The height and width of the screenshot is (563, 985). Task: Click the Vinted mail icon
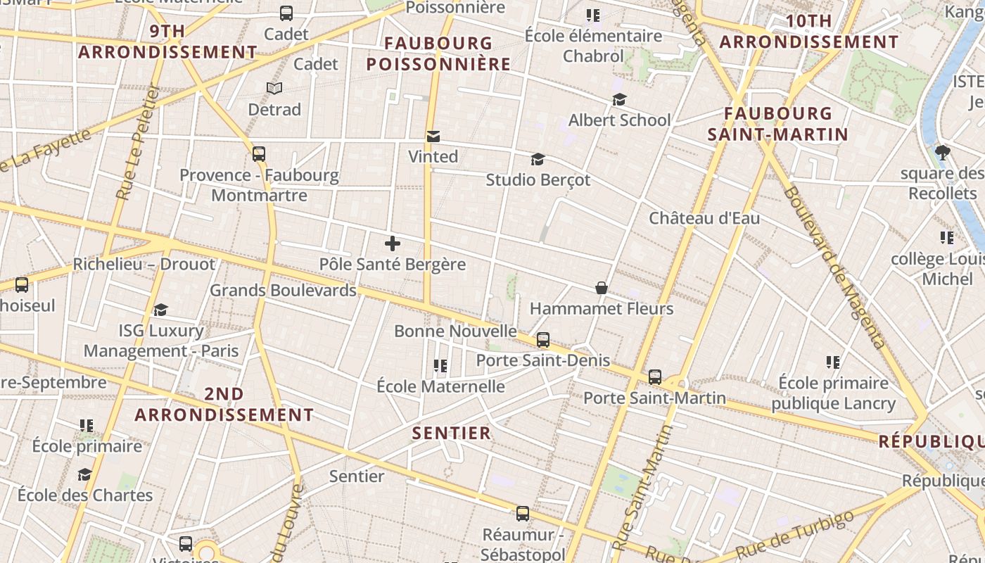pyautogui.click(x=433, y=136)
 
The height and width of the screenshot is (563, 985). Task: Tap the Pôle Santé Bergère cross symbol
pyautogui.click(x=393, y=243)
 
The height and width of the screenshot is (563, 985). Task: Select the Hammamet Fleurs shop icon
pyautogui.click(x=602, y=288)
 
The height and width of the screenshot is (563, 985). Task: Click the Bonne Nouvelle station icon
pyautogui.click(x=542, y=340)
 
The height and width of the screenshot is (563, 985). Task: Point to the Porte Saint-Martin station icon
pyautogui.click(x=655, y=377)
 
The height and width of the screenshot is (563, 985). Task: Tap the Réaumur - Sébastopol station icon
pyautogui.click(x=522, y=514)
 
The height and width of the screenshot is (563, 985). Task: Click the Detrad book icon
pyautogui.click(x=274, y=89)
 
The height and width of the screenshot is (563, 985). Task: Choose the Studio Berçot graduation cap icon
pyautogui.click(x=538, y=159)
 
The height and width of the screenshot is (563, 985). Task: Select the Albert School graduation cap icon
pyautogui.click(x=619, y=100)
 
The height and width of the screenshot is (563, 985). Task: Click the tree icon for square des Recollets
pyautogui.click(x=943, y=152)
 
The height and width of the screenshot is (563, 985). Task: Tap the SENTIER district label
pyautogui.click(x=451, y=433)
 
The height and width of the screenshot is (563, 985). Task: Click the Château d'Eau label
pyautogui.click(x=704, y=218)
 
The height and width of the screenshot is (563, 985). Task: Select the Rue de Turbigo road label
pyautogui.click(x=795, y=533)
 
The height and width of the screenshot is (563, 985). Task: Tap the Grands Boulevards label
pyautogui.click(x=283, y=290)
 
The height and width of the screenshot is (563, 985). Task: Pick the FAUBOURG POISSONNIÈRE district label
pyautogui.click(x=438, y=54)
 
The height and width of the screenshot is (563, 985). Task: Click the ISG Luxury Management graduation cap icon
pyautogui.click(x=160, y=310)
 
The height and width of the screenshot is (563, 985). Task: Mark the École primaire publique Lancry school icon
pyautogui.click(x=833, y=362)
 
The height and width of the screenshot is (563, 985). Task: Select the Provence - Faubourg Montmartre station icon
pyautogui.click(x=259, y=154)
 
